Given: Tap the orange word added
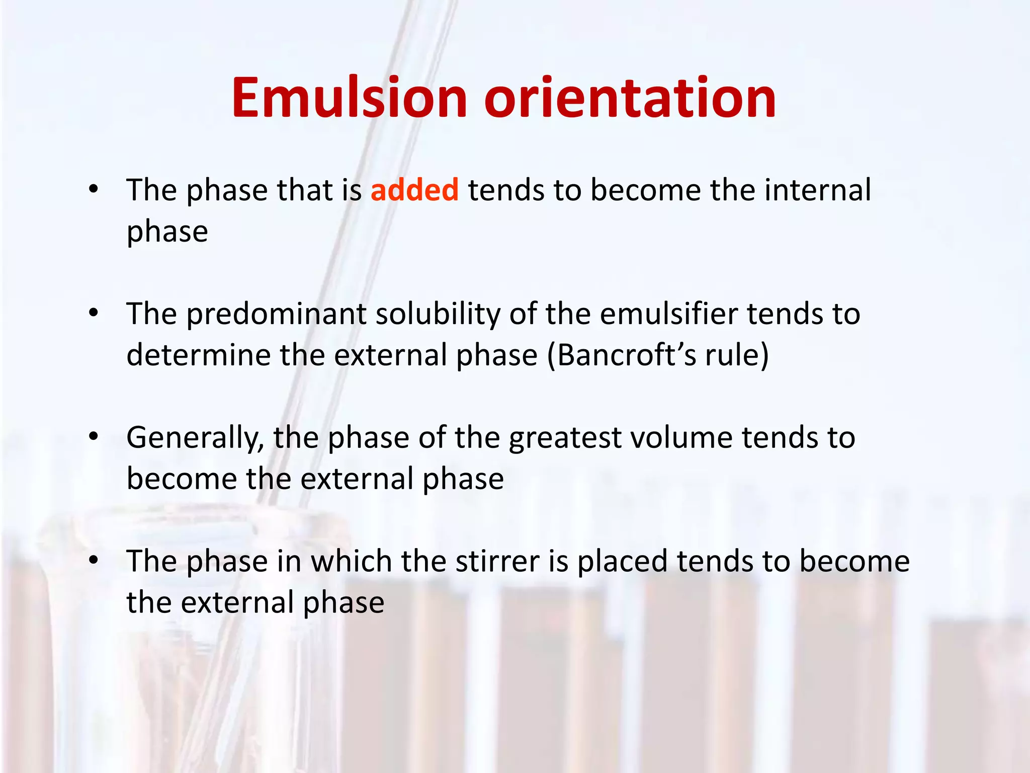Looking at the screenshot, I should click(414, 190).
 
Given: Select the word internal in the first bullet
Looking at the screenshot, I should click(818, 190).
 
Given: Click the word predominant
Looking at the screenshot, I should click(277, 315).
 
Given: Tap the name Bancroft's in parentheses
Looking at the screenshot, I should click(627, 355).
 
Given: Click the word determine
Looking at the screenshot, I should click(198, 355).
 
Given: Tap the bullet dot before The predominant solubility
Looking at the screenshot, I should click(94, 313).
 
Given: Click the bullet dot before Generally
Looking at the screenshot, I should click(94, 436).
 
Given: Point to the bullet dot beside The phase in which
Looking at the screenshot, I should click(94, 560).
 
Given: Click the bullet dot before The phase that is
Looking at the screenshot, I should click(94, 189).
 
